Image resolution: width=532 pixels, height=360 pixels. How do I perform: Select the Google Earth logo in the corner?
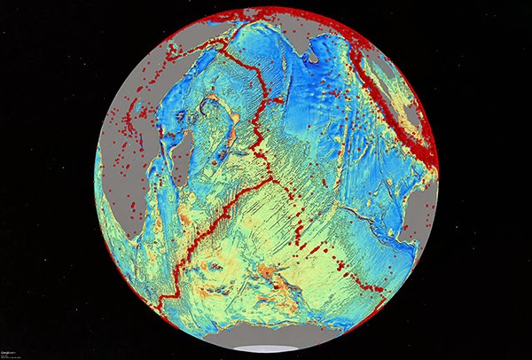12,352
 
